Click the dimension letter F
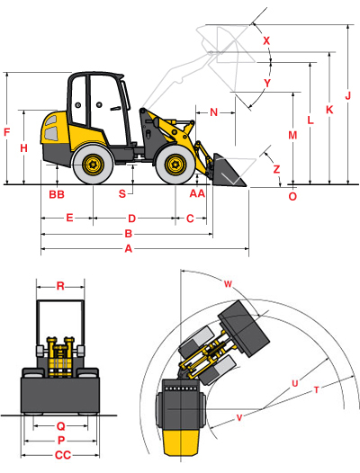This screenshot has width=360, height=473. click(x=6, y=132)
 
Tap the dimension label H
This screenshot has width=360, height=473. click(x=24, y=148)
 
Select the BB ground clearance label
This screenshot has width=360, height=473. click(x=57, y=194)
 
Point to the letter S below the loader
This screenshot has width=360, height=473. click(x=122, y=193)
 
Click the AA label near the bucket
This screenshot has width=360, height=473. click(x=197, y=193)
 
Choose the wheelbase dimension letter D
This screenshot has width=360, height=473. click(x=131, y=219)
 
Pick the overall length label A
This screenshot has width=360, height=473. click(x=129, y=249)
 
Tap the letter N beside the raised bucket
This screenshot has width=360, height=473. click(x=214, y=112)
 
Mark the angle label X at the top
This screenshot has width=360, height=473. click(x=266, y=40)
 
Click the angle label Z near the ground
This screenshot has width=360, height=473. click(x=276, y=169)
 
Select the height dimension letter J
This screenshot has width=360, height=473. click(x=348, y=96)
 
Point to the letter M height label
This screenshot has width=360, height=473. click(x=292, y=135)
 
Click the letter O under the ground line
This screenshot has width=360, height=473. click(x=292, y=197)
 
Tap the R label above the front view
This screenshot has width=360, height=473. click(x=60, y=286)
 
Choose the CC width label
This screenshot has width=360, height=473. click(x=63, y=455)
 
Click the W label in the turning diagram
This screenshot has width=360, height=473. click(x=228, y=284)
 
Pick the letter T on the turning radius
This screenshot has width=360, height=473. click(x=316, y=390)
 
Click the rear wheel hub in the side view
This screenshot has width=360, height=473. click(x=93, y=165)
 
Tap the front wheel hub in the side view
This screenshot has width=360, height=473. click(x=175, y=165)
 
